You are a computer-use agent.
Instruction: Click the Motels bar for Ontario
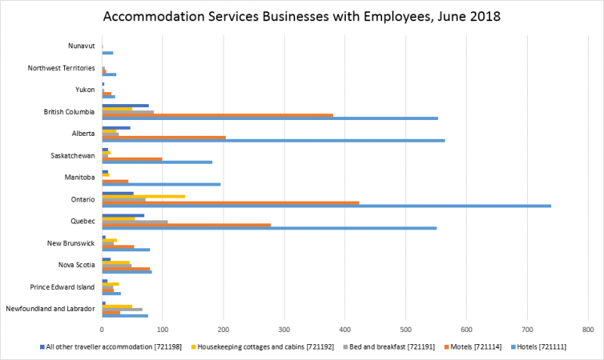pyautogui.click(x=230, y=202)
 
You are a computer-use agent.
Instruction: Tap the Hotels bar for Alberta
pyautogui.click(x=263, y=140)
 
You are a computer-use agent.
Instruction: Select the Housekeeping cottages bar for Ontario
pyautogui.click(x=143, y=196)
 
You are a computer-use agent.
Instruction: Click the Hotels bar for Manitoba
pyautogui.click(x=162, y=184)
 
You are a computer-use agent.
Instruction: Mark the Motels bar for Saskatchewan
pyautogui.click(x=132, y=158)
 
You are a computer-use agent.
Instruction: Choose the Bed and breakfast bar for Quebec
pyautogui.click(x=134, y=222)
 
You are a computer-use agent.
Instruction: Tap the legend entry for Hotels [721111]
pyautogui.click(x=541, y=346)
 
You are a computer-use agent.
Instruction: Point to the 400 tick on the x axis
pyautogui.click(x=345, y=329)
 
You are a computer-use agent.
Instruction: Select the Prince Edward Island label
pyautogui.click(x=62, y=287)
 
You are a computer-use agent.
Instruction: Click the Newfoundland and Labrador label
pyautogui.click(x=50, y=309)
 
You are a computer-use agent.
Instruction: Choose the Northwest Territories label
pyautogui.click(x=61, y=69)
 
